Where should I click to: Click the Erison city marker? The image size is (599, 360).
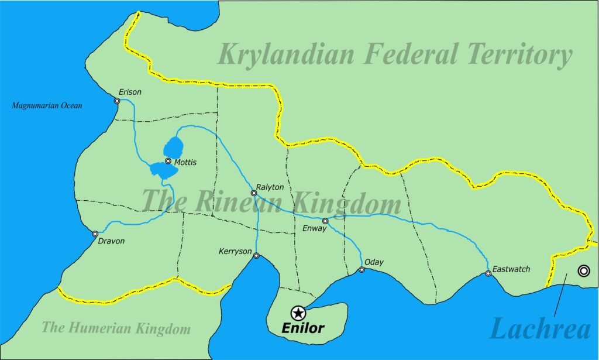coord(117,101)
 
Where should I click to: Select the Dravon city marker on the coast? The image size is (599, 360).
coord(95,234)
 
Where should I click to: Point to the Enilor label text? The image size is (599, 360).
coord(302,328)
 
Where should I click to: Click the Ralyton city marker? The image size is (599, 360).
coord(254,193)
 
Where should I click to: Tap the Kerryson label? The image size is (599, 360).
coord(235,252)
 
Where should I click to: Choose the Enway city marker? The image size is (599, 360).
coord(325,221)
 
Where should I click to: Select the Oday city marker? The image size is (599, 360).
coord(362,269)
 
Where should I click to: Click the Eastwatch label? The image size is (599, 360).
coord(511,269)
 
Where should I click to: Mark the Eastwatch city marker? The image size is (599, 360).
coord(488,273)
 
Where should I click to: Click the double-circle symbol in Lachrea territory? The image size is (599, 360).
coord(583,270)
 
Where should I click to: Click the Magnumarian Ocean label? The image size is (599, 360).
coord(47,106)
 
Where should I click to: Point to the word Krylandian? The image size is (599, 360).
coord(286,54)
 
